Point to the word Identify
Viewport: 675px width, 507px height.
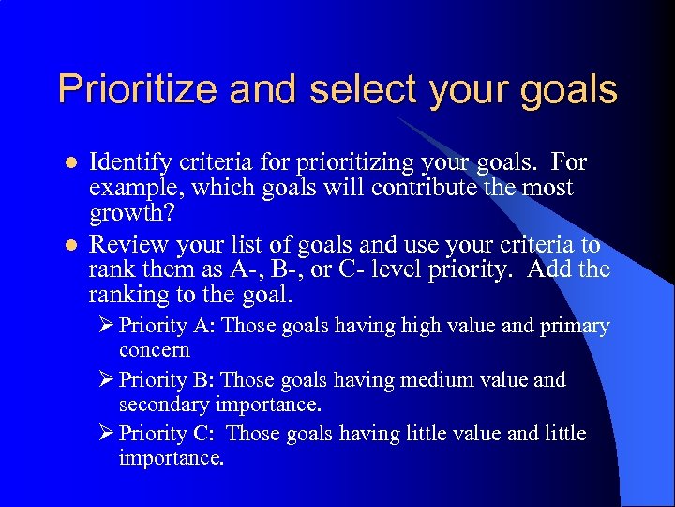[130, 162]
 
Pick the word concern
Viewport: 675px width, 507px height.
[154, 350]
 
